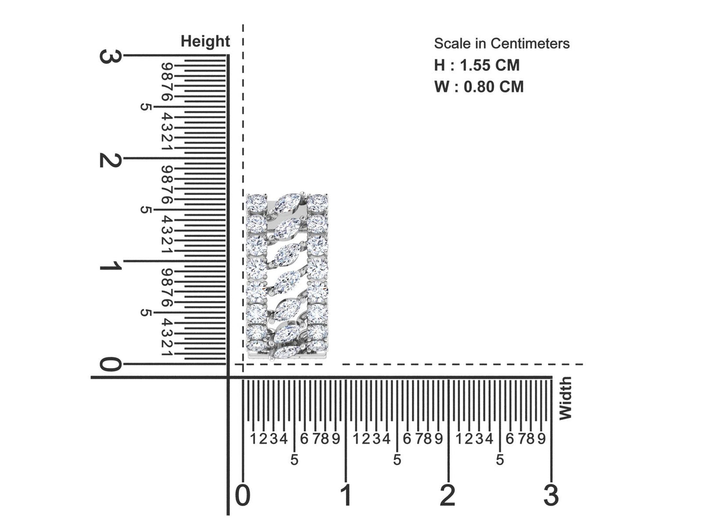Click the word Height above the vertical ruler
[x=205, y=42]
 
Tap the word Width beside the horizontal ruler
[x=565, y=398]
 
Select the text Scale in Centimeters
[x=502, y=44]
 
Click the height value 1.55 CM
[x=490, y=65]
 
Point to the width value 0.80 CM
[x=494, y=87]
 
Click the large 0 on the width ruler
[x=243, y=495]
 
